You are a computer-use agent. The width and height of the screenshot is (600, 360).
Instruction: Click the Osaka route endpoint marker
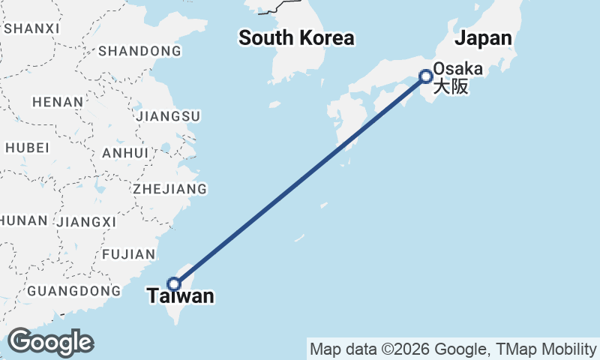426,76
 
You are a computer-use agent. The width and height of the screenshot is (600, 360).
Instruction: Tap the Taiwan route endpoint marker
174,283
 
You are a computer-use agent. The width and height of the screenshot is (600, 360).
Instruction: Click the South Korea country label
296,37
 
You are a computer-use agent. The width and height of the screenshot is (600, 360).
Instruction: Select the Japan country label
484,38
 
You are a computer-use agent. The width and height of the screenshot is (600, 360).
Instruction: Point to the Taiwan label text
181,296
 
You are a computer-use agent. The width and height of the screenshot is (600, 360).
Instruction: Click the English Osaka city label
457,69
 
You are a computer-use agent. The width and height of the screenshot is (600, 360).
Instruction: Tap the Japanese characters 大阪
451,86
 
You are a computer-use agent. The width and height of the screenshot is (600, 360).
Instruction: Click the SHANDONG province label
139,51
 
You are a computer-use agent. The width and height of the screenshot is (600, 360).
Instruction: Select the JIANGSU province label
168,116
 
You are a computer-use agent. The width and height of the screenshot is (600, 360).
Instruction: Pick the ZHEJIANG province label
169,188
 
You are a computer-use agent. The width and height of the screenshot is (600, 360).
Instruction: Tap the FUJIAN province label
129,254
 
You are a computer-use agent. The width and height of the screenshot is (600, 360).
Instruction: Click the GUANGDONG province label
73,290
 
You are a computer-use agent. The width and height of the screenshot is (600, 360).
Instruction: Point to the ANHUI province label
124,152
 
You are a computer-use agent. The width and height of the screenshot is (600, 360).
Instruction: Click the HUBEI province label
27,147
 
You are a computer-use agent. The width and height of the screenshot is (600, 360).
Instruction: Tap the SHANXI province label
31,28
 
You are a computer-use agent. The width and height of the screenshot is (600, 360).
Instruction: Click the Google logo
50,342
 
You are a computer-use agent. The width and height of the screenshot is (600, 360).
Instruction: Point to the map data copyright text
452,349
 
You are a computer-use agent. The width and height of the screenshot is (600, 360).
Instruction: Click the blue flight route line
300,180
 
